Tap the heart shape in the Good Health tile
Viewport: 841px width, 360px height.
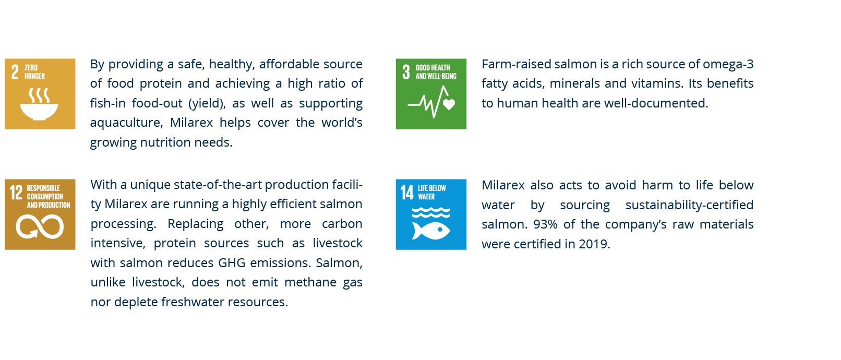(449, 104)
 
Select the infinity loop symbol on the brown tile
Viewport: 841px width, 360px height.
(40, 226)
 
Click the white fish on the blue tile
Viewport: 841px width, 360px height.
(431, 231)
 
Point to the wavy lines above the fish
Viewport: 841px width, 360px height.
(431, 212)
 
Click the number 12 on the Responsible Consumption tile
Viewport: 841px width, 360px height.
(16, 193)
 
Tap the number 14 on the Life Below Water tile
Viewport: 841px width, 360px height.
(406, 193)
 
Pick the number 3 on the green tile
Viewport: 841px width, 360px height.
(406, 72)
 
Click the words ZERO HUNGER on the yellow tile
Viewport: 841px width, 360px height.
(34, 71)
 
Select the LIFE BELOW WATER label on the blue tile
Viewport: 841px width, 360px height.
(432, 192)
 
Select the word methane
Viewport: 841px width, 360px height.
(310, 282)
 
